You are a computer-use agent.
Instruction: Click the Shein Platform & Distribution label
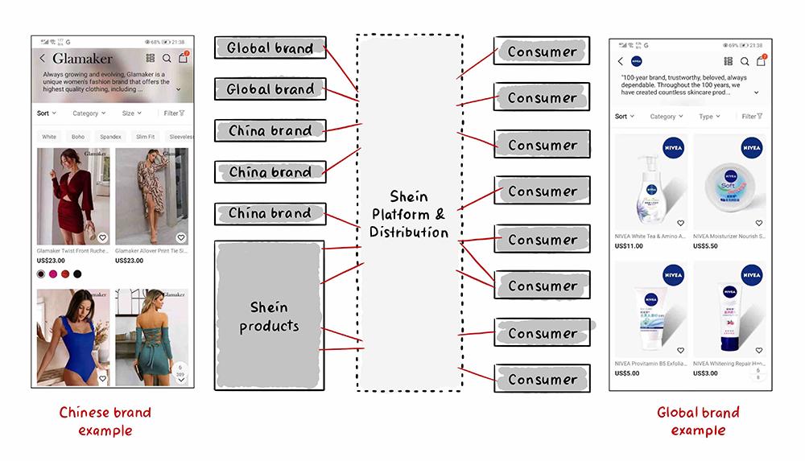coord(408,214)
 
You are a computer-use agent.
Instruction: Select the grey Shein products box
coord(270,317)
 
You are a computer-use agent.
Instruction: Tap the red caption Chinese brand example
coord(105,422)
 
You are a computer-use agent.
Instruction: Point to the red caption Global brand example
coord(698,422)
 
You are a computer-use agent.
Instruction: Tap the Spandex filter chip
coord(110,137)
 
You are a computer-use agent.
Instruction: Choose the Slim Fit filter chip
coord(146,137)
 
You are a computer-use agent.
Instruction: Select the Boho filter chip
coord(78,137)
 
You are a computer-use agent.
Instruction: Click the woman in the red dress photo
coord(73,196)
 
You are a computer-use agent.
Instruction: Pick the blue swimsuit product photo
coord(73,338)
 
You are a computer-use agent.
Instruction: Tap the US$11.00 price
coord(629,246)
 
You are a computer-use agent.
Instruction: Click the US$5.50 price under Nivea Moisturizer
coord(705,246)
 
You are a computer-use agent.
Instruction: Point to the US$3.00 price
coord(705,373)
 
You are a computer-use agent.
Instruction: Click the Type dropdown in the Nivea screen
coord(709,117)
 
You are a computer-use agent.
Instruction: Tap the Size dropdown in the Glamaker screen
coord(131,113)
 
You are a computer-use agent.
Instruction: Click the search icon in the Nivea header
coord(745,61)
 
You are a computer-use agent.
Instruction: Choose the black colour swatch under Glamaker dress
coord(77,274)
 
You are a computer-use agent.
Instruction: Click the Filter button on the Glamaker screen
coord(174,113)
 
